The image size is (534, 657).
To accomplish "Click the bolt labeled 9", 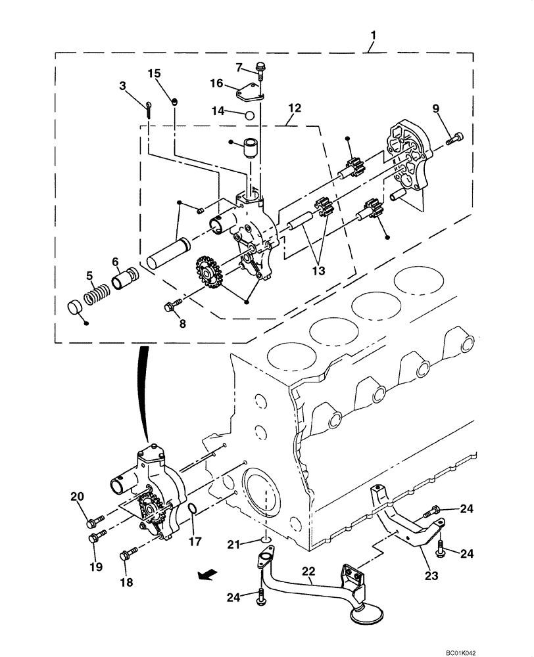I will (454, 139).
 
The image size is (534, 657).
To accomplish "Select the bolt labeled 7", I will (261, 68).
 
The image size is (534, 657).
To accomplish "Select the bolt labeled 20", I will (93, 523).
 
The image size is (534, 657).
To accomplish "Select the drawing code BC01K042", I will (487, 648).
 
